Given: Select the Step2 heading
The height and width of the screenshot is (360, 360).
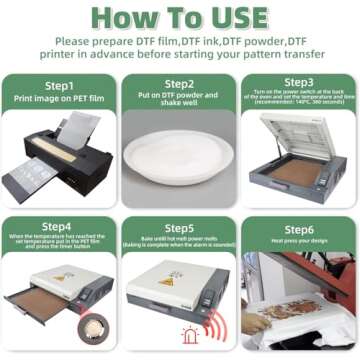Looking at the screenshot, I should coord(179,85).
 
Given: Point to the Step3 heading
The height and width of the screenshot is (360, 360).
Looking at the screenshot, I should coord(299,82).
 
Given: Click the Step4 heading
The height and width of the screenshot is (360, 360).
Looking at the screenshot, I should coord(59,226).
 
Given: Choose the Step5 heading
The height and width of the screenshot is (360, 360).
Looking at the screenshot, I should coord(179,227).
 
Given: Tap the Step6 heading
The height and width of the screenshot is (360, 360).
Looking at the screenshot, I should coord(299,227).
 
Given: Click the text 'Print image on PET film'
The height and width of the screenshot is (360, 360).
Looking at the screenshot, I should coord(59,101).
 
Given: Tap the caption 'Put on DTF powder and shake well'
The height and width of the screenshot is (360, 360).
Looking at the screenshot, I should coord(179,102).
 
